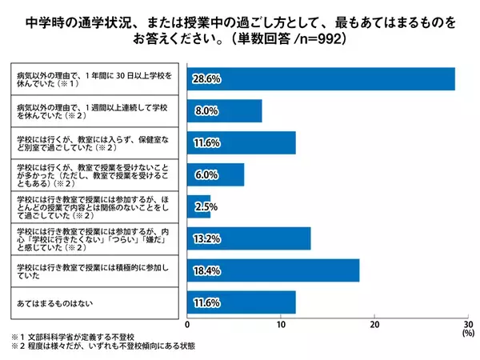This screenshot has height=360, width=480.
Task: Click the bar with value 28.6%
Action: tap(321, 78)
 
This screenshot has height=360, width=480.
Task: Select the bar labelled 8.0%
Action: tap(225, 110)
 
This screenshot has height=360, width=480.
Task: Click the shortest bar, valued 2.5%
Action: tap(199, 206)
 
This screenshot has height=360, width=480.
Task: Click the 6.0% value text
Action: tap(205, 174)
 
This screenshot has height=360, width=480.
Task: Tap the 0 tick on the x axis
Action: tap(187, 325)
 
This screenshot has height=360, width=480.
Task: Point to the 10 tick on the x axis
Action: tap(281, 325)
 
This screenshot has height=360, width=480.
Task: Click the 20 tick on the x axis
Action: tap(374, 325)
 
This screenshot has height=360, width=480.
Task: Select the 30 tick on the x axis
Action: tap(469, 325)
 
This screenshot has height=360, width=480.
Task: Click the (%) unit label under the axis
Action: tap(468, 334)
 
